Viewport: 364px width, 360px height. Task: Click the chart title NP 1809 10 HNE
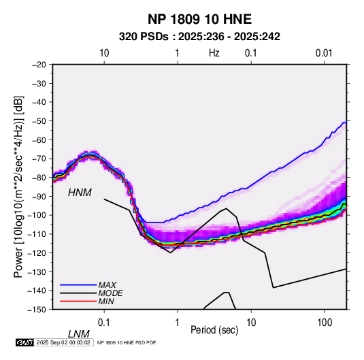point(199,19)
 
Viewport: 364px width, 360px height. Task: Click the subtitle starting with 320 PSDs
point(199,37)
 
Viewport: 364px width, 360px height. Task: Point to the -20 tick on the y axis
point(39,65)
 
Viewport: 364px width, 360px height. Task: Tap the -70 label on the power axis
point(39,159)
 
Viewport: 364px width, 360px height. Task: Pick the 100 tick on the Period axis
point(325,323)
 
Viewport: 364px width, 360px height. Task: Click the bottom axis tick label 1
point(178,323)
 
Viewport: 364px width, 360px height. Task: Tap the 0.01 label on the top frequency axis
point(324,53)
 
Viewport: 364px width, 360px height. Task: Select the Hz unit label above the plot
point(214,53)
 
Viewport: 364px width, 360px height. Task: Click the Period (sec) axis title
point(214,330)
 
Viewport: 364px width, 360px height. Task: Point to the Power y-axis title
point(18,187)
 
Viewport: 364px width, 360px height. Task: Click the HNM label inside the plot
point(80,193)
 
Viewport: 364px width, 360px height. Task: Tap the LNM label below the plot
point(79,334)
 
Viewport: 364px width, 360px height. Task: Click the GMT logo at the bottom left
point(25,342)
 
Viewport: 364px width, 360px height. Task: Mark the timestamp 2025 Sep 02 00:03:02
point(63,342)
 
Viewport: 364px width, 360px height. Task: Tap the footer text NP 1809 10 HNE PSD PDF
point(127,342)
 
